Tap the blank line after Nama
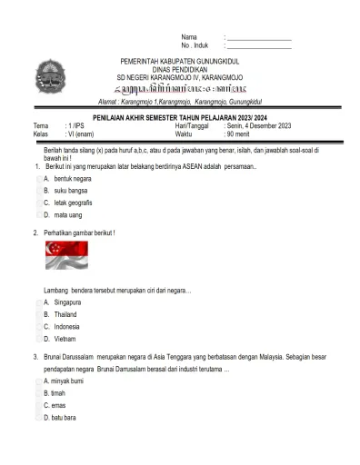pyautogui.click(x=258, y=36)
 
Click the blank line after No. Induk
pyautogui.click(x=258, y=45)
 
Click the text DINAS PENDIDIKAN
pyautogui.click(x=179, y=69)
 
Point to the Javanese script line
pyautogui.click(x=179, y=89)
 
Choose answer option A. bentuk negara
pyautogui.click(x=65, y=179)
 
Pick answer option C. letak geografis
pyautogui.click(x=69, y=203)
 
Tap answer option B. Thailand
pyautogui.click(x=61, y=313)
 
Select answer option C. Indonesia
pyautogui.click(x=62, y=326)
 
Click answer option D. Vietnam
pyautogui.click(x=60, y=338)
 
